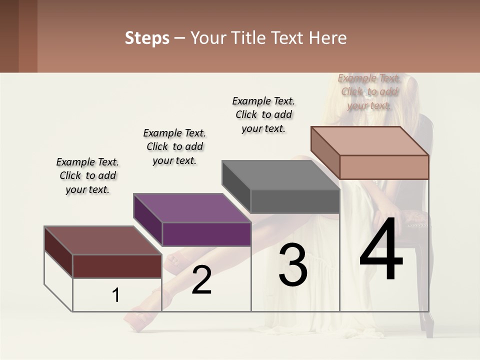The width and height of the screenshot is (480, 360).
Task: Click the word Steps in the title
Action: point(147,38)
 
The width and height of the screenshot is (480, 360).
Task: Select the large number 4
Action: point(381,250)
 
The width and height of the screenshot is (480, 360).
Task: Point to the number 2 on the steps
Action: point(201,280)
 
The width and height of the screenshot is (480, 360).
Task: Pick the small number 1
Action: point(116,295)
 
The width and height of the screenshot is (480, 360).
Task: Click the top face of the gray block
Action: point(280,175)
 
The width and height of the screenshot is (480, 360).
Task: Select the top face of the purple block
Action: point(192,208)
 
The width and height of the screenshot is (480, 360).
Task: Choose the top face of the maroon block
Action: point(103,240)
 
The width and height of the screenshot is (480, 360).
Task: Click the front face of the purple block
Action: point(206,234)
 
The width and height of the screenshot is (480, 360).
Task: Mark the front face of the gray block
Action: point(295,201)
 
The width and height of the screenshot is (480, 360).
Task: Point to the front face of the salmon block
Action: point(384,167)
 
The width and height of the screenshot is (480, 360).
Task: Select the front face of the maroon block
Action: point(117,266)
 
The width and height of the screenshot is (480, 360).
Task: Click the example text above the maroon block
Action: point(87,175)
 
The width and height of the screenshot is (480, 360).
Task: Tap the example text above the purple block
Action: point(174,146)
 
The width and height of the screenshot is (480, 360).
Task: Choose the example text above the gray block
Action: point(263,114)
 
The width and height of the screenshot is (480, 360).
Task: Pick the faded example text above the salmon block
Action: point(369,91)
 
